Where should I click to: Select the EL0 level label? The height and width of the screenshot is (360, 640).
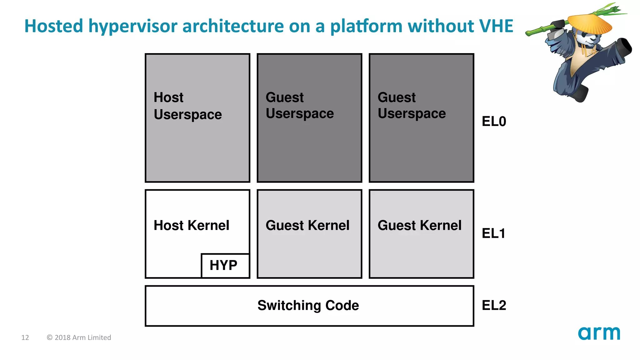click(494, 121)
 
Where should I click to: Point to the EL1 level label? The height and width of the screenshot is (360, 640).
click(493, 233)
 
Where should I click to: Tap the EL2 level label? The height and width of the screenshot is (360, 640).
click(494, 305)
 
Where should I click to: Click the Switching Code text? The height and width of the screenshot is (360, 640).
click(308, 305)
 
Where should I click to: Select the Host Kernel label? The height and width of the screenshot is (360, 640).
click(191, 225)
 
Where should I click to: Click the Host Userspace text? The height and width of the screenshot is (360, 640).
click(187, 106)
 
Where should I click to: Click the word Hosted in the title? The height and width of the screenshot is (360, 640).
click(54, 26)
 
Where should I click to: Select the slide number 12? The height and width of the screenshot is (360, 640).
click(25, 337)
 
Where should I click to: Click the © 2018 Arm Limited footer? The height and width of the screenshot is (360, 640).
click(79, 337)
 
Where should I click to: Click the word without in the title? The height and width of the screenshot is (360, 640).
click(441, 26)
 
